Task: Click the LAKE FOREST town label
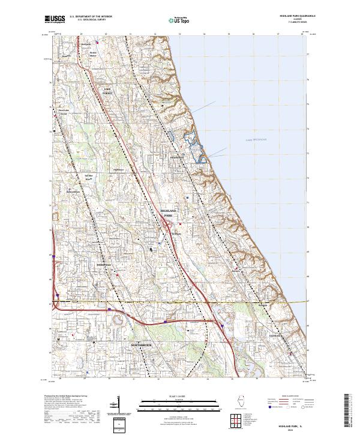tap(107, 91)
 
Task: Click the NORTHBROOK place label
tap(142, 346)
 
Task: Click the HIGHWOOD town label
tap(178, 157)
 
